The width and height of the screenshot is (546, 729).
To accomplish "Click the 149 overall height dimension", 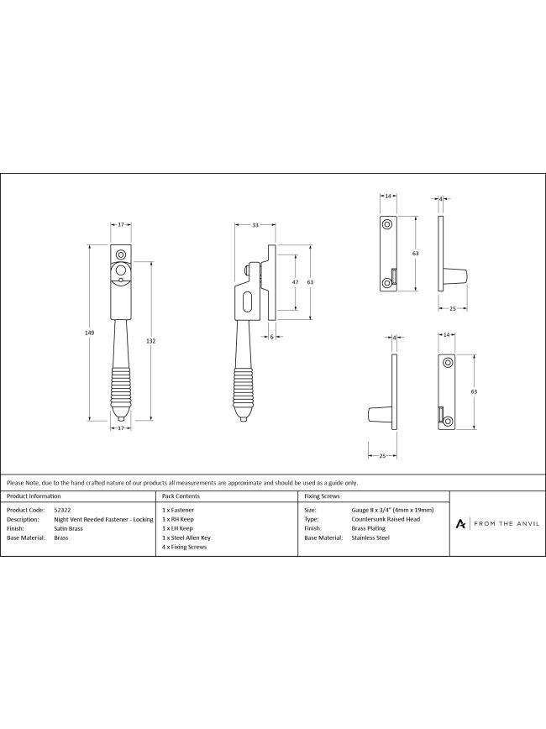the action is click(90, 333).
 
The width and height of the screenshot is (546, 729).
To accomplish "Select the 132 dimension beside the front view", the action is click(150, 341).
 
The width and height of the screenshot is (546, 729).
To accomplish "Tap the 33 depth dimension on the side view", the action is click(255, 225).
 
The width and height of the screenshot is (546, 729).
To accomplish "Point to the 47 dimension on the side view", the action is click(295, 282).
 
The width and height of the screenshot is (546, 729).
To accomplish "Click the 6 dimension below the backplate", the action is click(271, 337).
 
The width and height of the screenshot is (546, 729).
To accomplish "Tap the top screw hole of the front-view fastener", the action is click(121, 254).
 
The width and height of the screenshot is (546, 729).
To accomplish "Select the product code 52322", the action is click(62, 510).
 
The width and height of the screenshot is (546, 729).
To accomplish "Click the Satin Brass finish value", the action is click(68, 528).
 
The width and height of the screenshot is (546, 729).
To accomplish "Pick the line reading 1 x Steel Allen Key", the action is click(186, 538).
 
